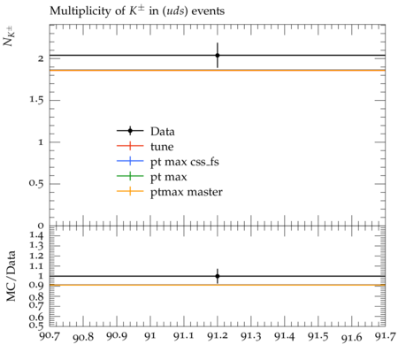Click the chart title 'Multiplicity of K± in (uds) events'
click(137, 11)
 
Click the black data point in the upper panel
click(218, 55)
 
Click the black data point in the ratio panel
click(218, 276)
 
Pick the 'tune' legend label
click(162, 147)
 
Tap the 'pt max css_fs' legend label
click(185, 162)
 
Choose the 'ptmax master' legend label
click(187, 192)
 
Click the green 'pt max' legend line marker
click(130, 177)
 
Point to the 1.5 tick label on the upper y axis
click(36, 100)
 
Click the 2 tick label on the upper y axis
click(41, 58)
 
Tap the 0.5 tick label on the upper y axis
click(36, 183)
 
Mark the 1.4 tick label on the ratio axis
click(36, 235)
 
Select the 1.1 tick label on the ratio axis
click(36, 266)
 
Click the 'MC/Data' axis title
click(11, 276)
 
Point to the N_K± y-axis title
click(10, 36)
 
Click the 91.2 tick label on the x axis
click(218, 336)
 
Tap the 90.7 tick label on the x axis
click(50, 336)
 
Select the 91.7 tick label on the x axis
click(385, 336)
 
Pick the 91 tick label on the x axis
click(150, 336)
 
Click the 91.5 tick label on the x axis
click(318, 336)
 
